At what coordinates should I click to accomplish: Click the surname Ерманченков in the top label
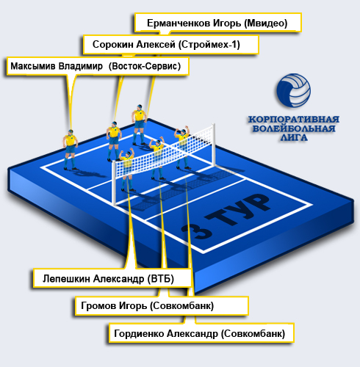[x=179, y=23]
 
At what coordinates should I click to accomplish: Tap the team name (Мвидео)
[x=265, y=23]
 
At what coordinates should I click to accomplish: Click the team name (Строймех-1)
[x=209, y=45]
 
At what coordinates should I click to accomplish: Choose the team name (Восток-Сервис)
[x=145, y=66]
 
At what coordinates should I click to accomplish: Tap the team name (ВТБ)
[x=161, y=278]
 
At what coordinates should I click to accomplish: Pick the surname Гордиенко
[x=139, y=333]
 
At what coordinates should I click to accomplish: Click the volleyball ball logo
[x=294, y=90]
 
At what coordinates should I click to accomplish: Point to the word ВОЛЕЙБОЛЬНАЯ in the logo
[x=294, y=128]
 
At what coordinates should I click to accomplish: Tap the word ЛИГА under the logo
[x=294, y=137]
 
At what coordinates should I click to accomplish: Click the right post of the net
[x=214, y=145]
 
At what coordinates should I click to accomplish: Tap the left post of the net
[x=114, y=183]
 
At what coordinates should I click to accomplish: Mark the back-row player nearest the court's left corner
[x=71, y=150]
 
